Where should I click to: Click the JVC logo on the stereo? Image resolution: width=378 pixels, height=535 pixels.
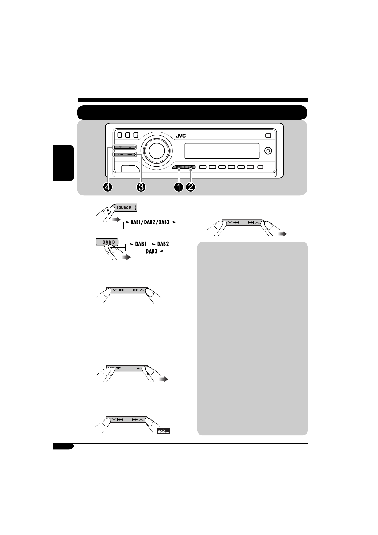(181, 136)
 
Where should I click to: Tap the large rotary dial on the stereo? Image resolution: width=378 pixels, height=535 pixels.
(155, 150)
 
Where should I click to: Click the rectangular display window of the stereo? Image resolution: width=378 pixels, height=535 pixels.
(221, 151)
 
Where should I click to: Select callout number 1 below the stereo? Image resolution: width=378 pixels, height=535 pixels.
(179, 187)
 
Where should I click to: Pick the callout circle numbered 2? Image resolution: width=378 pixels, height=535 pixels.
(191, 187)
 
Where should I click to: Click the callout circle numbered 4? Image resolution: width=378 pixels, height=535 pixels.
(108, 187)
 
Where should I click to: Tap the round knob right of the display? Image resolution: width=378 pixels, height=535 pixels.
(268, 151)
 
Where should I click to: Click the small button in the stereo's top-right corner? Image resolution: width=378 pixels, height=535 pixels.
(268, 135)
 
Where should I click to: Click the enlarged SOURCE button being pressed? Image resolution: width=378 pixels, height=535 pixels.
(124, 208)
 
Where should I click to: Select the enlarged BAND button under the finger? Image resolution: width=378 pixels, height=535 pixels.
(108, 242)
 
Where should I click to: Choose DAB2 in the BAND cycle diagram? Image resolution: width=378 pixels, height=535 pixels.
(163, 244)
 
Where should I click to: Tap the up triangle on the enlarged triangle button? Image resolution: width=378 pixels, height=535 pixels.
(138, 368)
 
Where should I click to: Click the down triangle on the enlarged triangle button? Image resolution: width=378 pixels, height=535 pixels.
(118, 368)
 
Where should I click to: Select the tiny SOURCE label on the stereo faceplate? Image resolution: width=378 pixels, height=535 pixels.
(179, 167)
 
